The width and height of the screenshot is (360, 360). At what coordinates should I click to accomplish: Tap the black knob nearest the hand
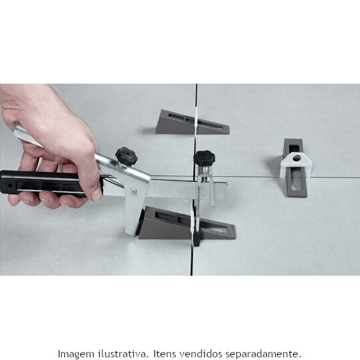click(126, 157)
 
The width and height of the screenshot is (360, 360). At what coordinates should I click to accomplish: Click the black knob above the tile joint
click(204, 157)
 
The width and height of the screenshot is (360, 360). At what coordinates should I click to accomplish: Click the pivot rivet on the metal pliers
click(134, 191)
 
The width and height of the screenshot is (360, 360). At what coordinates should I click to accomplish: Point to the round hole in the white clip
click(296, 158)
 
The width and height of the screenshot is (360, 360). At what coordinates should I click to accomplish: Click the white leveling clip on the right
click(296, 165)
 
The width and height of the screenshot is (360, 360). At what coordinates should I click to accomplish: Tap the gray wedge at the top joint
click(191, 122)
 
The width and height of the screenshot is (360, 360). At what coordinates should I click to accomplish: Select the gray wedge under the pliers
click(187, 223)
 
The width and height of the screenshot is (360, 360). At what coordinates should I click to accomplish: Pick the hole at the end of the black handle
click(9, 185)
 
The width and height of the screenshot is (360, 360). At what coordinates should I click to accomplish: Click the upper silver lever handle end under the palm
click(25, 136)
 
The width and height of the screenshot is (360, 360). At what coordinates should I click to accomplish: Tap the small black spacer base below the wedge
click(197, 239)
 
